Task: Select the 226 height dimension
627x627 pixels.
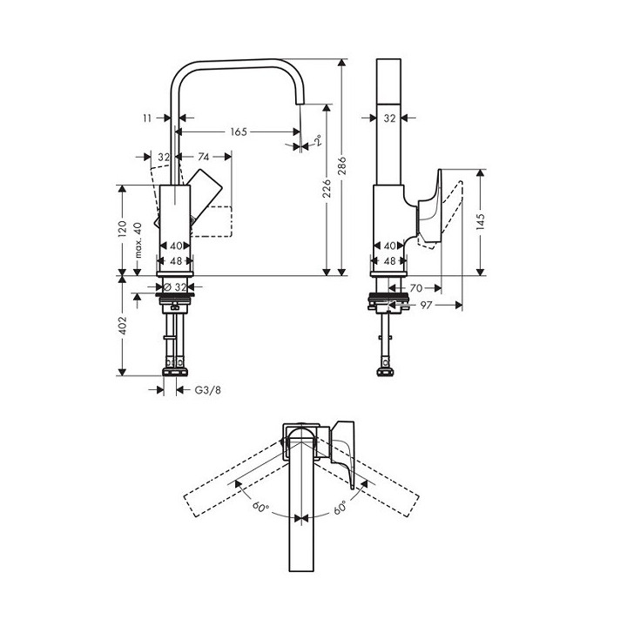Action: click(x=326, y=189)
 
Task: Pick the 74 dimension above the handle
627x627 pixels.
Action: click(x=203, y=157)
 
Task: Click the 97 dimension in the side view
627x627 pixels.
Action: click(x=426, y=306)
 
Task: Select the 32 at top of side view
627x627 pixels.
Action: click(x=390, y=117)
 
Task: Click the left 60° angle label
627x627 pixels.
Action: click(x=259, y=506)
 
